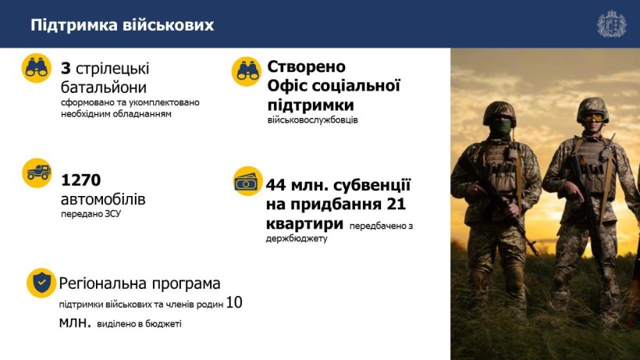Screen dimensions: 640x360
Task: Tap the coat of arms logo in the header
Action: [x=611, y=24]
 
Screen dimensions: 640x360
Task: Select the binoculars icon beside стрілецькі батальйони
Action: [x=37, y=68]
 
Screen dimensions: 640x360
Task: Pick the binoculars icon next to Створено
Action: [x=246, y=71]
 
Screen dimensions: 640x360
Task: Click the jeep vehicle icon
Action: [x=37, y=173]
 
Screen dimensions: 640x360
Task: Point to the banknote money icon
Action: [x=247, y=181]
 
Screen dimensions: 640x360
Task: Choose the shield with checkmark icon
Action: [x=41, y=283]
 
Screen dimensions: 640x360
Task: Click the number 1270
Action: [x=81, y=180]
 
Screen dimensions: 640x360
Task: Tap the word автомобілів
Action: [x=103, y=199]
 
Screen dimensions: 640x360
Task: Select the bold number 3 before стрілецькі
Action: [x=66, y=69]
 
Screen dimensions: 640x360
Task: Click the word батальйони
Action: [x=104, y=87]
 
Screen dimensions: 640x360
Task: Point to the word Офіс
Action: [x=288, y=86]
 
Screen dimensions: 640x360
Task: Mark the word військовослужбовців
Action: [x=313, y=120]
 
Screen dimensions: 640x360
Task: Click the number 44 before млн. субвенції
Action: [x=276, y=185]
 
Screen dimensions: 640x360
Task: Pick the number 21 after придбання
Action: [x=396, y=204]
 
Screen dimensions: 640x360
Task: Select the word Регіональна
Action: [x=103, y=283]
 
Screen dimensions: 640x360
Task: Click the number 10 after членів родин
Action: [x=234, y=302]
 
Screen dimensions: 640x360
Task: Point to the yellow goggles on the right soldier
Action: [x=592, y=117]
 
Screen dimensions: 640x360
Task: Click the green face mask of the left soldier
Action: [x=500, y=128]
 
